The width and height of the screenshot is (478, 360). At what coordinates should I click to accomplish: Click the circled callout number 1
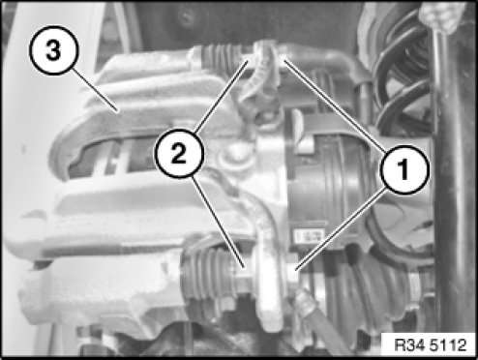pos(404,169)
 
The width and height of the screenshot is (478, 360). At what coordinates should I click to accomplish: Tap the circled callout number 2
pos(179,153)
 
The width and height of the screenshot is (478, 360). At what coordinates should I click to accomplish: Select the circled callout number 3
pos(53,50)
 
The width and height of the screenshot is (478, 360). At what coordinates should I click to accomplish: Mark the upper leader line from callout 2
pos(222,96)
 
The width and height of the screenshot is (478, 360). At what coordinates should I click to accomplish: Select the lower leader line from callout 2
pos(218,222)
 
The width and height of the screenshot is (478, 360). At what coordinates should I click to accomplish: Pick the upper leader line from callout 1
pos(335,105)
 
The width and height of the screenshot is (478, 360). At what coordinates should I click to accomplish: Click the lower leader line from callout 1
pos(341,229)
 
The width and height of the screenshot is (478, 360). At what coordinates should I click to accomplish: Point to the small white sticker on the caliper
pos(308,236)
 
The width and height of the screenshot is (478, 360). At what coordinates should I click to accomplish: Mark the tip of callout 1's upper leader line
pos(284,60)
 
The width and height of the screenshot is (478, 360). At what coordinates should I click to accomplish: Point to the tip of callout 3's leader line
pos(119,112)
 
